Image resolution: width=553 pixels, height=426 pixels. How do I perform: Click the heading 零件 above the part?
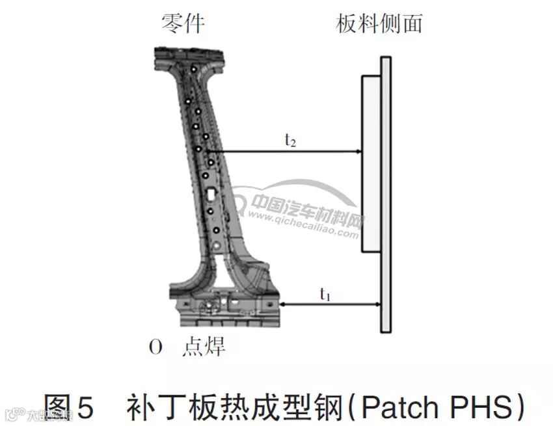click(x=183, y=23)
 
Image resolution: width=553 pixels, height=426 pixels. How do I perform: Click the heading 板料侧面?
click(x=380, y=23)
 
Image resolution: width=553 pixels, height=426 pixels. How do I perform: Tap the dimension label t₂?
click(x=290, y=141)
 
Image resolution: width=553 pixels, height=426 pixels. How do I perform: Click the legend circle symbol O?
click(x=155, y=348)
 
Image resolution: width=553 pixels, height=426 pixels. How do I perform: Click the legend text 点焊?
click(x=204, y=347)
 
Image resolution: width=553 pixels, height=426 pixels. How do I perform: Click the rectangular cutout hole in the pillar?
click(x=211, y=193)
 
